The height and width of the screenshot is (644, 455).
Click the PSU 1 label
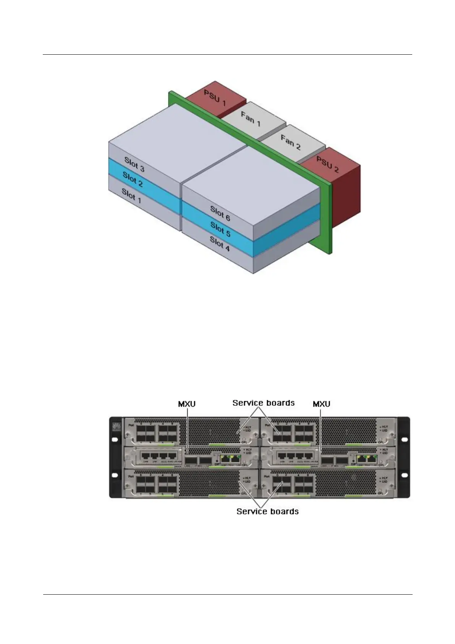[x=214, y=98]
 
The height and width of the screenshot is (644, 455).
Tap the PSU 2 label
[x=327, y=164]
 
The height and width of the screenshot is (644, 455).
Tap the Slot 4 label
[x=219, y=243]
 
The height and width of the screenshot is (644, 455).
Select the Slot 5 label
[x=220, y=228]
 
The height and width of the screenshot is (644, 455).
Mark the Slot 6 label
[x=220, y=213]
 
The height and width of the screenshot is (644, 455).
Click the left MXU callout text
[x=187, y=404]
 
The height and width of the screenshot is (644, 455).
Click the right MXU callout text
[x=321, y=404]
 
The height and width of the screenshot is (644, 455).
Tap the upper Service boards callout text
[x=264, y=403]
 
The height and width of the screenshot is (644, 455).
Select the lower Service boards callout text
[x=267, y=511]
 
